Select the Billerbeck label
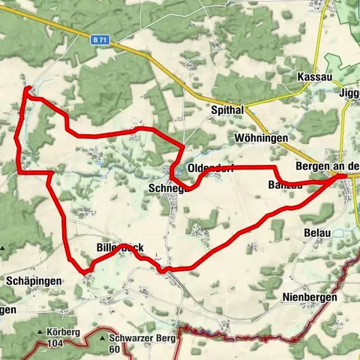click(x=120, y=247)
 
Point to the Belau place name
click(x=317, y=233)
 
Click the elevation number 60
click(x=115, y=349)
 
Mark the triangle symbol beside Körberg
click(x=40, y=330)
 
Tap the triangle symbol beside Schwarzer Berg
click(x=101, y=339)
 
